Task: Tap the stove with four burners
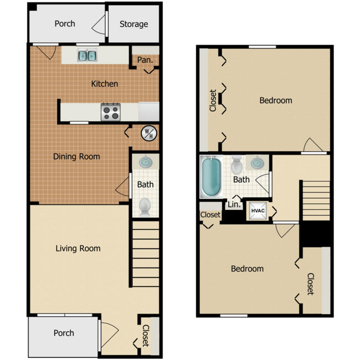click(110, 112)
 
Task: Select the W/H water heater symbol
click(149, 133)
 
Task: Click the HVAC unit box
click(257, 210)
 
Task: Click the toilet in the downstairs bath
click(145, 206)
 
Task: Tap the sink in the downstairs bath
click(146, 162)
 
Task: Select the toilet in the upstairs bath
click(237, 164)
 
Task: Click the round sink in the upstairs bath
click(258, 163)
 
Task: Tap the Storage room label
click(134, 24)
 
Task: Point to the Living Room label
click(78, 248)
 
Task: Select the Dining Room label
click(76, 156)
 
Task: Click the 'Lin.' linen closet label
click(234, 204)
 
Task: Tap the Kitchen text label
click(105, 84)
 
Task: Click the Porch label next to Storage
click(65, 24)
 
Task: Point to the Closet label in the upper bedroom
click(213, 101)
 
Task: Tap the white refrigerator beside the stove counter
click(148, 111)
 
